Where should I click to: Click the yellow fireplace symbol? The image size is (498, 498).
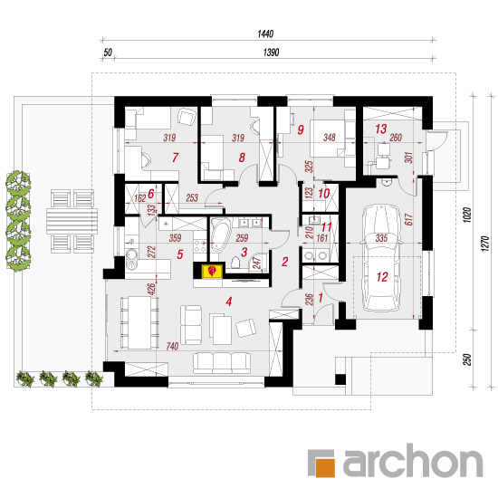tap(212, 271)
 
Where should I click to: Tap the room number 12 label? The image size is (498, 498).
tap(382, 277)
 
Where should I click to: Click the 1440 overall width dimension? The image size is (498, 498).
tap(265, 34)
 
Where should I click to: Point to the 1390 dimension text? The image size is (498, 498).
tap(271, 53)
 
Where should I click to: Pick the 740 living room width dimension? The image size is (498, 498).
tap(172, 346)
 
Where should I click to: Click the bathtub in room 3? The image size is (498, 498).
tap(220, 235)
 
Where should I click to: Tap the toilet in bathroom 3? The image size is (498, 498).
tap(235, 262)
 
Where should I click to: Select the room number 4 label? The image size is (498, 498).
tap(229, 302)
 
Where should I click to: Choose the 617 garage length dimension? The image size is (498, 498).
tap(408, 219)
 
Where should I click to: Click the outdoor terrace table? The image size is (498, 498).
tap(72, 221)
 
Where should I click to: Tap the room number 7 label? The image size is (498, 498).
tap(175, 158)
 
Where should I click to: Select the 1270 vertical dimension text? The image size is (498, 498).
tap(485, 244)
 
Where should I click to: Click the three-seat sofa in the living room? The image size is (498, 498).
tap(222, 363)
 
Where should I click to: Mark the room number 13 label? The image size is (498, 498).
tap(381, 129)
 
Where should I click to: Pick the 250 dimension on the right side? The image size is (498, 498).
tap(466, 359)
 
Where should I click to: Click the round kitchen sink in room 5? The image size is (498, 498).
tap(131, 256)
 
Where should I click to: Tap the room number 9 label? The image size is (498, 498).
tap(301, 129)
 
